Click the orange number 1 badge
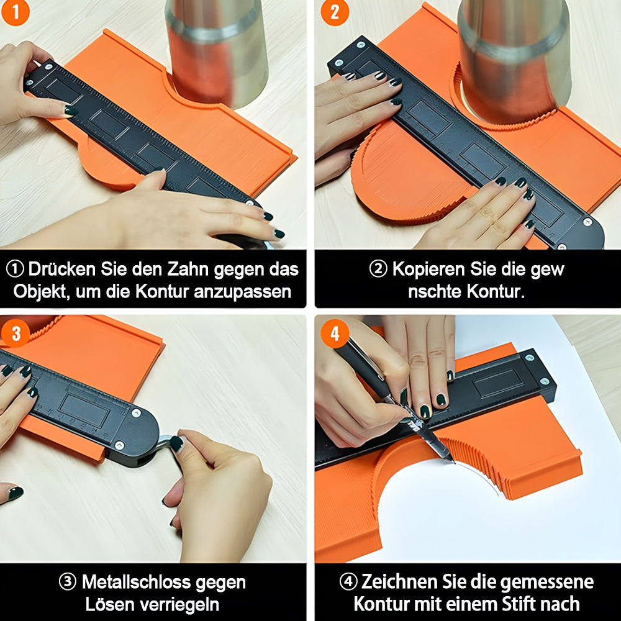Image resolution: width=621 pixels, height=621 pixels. (x=16, y=12)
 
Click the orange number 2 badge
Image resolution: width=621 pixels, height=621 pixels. (x=335, y=12)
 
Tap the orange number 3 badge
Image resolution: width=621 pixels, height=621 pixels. (x=16, y=333)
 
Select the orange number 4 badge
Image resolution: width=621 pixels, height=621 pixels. (x=335, y=333)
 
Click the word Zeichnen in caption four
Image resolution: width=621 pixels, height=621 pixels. (x=399, y=582)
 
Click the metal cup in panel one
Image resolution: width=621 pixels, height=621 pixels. (x=216, y=52)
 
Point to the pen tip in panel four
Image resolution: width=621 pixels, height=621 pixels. (x=453, y=461)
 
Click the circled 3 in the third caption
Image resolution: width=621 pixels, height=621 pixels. (x=67, y=582)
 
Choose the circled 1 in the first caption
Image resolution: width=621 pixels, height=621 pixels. (x=15, y=270)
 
